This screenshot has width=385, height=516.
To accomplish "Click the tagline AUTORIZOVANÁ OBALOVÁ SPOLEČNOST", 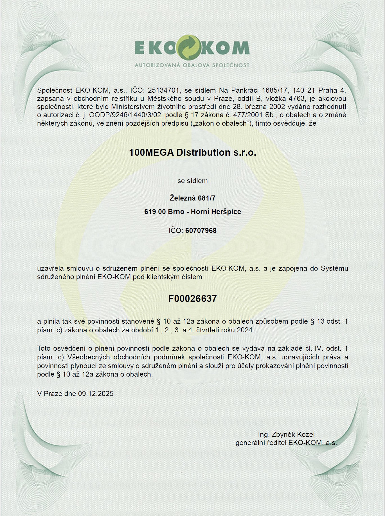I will (x=192, y=65).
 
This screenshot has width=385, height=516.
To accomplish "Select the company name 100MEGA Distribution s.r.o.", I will (x=192, y=153).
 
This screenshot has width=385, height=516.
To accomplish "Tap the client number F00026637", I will (x=192, y=299).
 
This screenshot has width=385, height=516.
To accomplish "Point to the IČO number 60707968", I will (x=201, y=231).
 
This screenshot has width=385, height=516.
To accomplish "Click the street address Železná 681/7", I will (x=192, y=198).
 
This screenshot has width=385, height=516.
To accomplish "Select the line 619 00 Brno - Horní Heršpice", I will (x=192, y=212).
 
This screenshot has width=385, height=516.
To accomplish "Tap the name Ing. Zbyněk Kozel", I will (x=286, y=434).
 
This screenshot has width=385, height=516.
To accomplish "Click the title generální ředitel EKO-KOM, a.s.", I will (x=286, y=443).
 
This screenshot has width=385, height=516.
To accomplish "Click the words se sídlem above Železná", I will (x=192, y=181).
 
